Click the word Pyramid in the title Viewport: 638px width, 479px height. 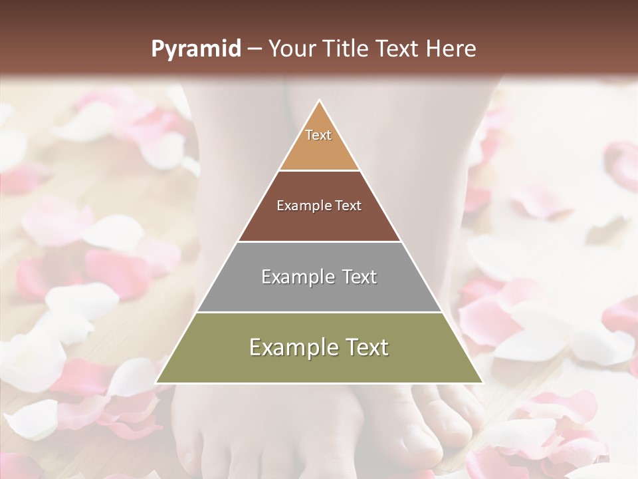pyautogui.click(x=196, y=49)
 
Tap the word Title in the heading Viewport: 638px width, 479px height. pyautogui.click(x=347, y=49)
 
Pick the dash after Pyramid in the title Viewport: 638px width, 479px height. pyautogui.click(x=254, y=49)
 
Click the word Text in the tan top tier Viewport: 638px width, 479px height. pyautogui.click(x=318, y=135)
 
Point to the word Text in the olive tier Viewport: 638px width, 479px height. pyautogui.click(x=365, y=347)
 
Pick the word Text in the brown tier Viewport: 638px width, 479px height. pyautogui.click(x=349, y=206)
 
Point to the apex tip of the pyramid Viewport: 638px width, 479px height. pyautogui.click(x=319, y=101)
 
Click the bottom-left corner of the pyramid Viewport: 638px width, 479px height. pyautogui.click(x=156, y=383)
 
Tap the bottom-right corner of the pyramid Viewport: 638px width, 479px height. pyautogui.click(x=482, y=383)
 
